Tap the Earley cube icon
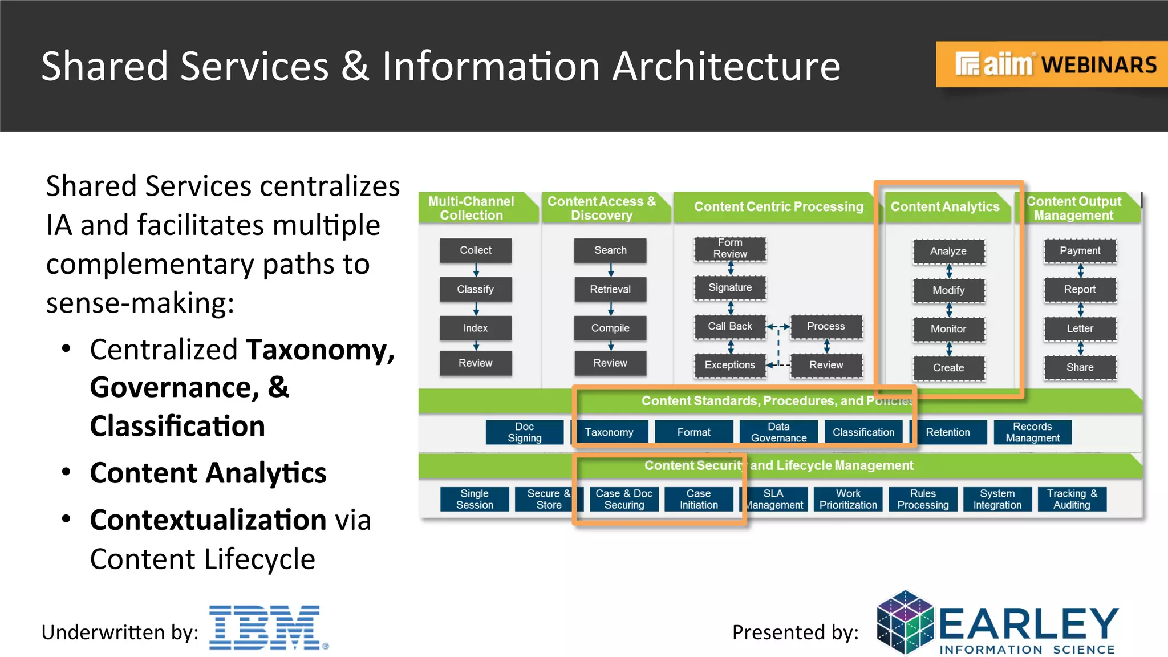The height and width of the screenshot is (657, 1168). (905, 623)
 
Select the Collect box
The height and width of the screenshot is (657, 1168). (475, 250)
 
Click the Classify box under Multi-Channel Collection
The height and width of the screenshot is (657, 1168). (475, 289)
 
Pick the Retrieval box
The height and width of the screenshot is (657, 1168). (610, 289)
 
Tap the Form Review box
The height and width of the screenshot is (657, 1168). (729, 249)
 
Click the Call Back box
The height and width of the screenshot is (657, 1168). (729, 326)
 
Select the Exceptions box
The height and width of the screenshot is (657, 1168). (729, 365)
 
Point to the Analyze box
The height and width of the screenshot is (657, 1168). (948, 251)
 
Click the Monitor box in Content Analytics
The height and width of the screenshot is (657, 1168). (948, 329)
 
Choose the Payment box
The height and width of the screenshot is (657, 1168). (1080, 251)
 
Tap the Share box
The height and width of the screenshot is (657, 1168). (1080, 367)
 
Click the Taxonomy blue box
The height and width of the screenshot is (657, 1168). (609, 432)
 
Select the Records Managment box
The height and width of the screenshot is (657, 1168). (1032, 432)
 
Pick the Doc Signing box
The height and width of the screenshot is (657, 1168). (524, 432)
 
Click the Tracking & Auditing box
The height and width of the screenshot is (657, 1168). (1072, 499)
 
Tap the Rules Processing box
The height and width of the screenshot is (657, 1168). (923, 499)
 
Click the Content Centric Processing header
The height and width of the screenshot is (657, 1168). (778, 207)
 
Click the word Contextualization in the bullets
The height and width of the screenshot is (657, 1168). (208, 520)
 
